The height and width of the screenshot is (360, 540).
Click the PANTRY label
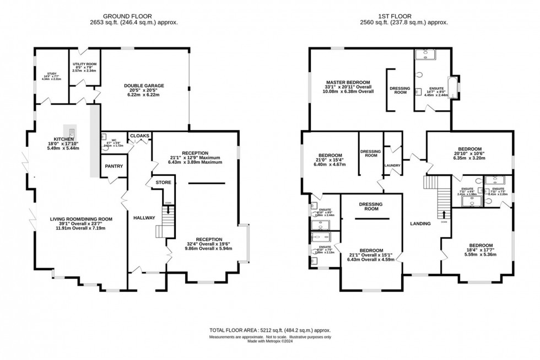tap(113, 166)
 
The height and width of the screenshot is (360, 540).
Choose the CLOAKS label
tap(139, 136)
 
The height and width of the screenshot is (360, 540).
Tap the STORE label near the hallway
tap(163, 182)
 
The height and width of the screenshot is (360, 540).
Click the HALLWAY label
tap(144, 218)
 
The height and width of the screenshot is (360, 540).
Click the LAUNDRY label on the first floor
tap(393, 165)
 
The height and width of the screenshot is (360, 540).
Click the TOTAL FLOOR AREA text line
tap(269, 330)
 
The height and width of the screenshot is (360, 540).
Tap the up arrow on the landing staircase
tap(444, 214)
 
